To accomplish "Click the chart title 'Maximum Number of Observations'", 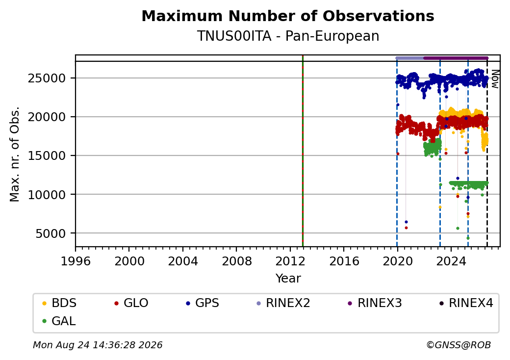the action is click(288, 16).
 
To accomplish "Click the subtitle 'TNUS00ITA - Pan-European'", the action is click(288, 36).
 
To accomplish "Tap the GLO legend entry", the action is click(131, 303).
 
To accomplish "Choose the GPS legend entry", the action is click(203, 303).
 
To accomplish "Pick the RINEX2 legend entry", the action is click(283, 303).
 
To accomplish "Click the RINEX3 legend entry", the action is click(375, 303).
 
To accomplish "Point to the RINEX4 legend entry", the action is click(466, 303).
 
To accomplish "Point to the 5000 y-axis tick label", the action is click(51, 233).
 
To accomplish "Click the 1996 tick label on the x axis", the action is click(76, 261).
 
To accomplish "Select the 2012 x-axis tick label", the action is click(290, 261).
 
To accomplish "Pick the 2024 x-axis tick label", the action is click(451, 261).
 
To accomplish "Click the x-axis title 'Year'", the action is click(288, 279).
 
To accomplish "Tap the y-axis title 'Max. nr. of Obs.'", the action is click(15, 154).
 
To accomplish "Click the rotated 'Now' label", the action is click(495, 79).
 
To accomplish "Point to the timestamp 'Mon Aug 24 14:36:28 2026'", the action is click(98, 345).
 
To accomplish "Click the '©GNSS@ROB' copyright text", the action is click(459, 345).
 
